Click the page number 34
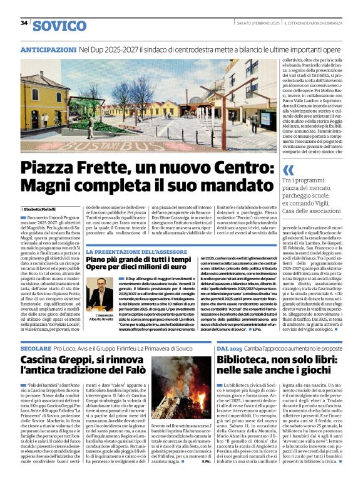(24, 23)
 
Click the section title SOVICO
(59, 26)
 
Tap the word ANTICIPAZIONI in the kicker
(48, 49)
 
